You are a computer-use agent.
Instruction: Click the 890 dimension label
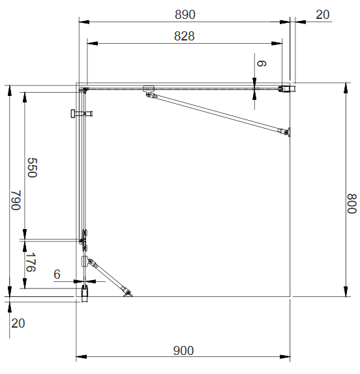[x=185, y=14]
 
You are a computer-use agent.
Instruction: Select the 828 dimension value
[x=185, y=37]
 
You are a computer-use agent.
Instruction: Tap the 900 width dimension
[x=183, y=351]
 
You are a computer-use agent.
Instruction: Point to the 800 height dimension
[x=352, y=204]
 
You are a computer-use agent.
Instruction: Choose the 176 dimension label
[x=30, y=264]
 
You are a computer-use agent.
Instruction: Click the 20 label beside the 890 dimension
[x=322, y=14]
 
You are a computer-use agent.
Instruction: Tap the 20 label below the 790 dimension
[x=18, y=323]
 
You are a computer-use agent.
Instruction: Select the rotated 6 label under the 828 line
[x=262, y=63]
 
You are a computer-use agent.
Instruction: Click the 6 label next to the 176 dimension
[x=57, y=275]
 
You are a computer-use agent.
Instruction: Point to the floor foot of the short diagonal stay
[x=128, y=293]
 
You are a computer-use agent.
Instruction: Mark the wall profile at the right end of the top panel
[x=286, y=87]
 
